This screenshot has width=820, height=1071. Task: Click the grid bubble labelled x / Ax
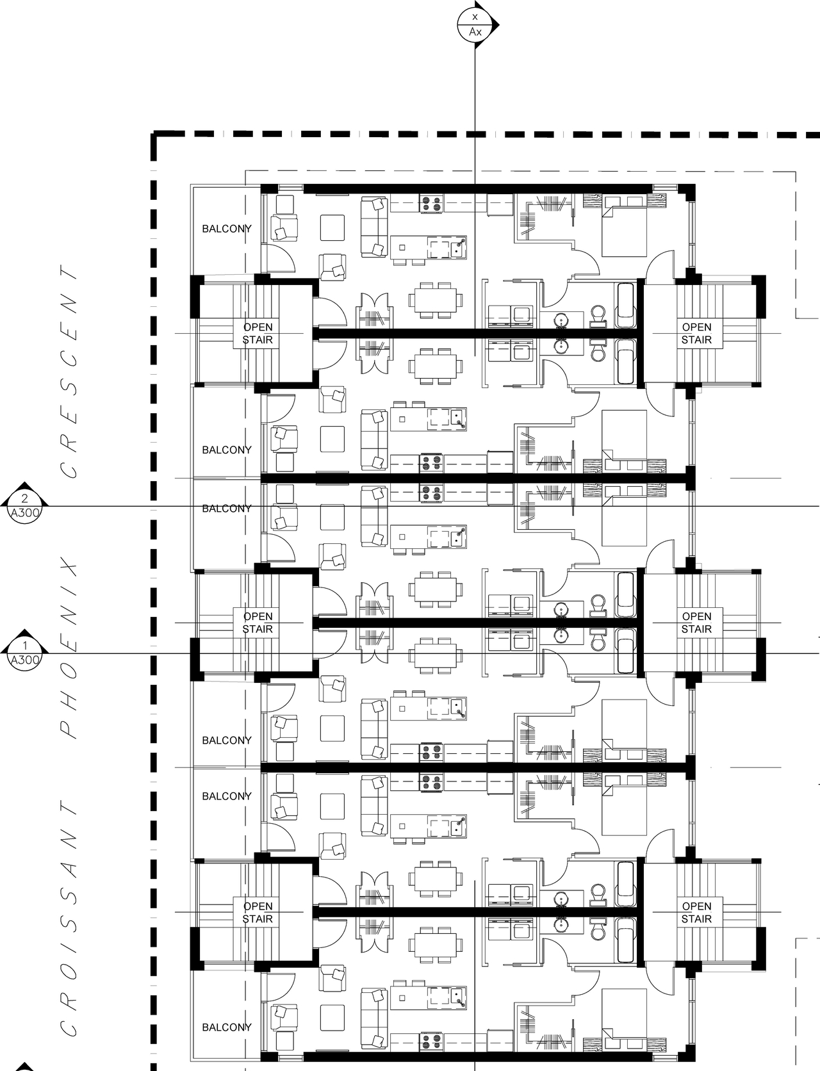475,25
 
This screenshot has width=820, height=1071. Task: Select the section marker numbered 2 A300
25,504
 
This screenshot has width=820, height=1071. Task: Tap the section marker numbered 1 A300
25,651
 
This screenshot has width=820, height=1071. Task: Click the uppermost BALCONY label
227,229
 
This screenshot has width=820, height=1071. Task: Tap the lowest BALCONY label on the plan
227,1027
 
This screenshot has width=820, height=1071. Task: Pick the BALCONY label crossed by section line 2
227,509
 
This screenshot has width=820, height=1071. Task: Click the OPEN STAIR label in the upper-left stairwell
258,333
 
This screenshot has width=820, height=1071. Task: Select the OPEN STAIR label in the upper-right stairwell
696,333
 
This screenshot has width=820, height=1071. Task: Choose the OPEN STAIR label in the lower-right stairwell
696,912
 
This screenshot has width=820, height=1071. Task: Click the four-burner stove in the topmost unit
432,204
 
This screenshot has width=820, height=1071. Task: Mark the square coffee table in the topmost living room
332,227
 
